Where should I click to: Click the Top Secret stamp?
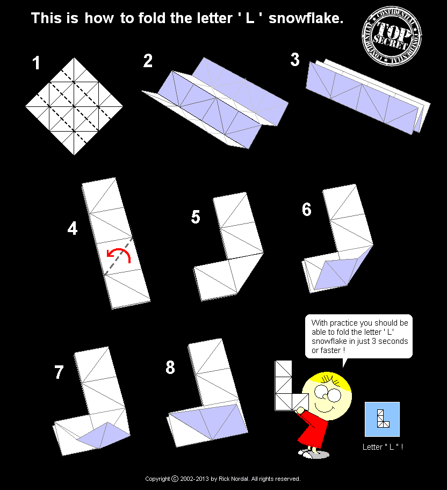point(392,36)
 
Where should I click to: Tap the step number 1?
point(36,63)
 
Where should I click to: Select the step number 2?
point(148,61)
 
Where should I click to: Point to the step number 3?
point(295,60)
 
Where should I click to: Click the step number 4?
point(73,228)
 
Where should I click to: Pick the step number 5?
point(196,217)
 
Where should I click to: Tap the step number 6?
point(307,210)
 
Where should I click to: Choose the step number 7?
point(59,372)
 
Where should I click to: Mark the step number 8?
point(170,367)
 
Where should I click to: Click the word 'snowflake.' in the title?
point(306,18)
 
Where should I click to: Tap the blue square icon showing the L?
point(382,419)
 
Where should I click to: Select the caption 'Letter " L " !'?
point(383,447)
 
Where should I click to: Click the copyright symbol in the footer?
point(175,479)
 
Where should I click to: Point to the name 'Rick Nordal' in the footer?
point(233,479)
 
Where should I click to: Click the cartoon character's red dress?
point(313,429)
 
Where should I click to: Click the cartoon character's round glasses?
point(328,393)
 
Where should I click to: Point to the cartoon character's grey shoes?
point(314,453)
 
